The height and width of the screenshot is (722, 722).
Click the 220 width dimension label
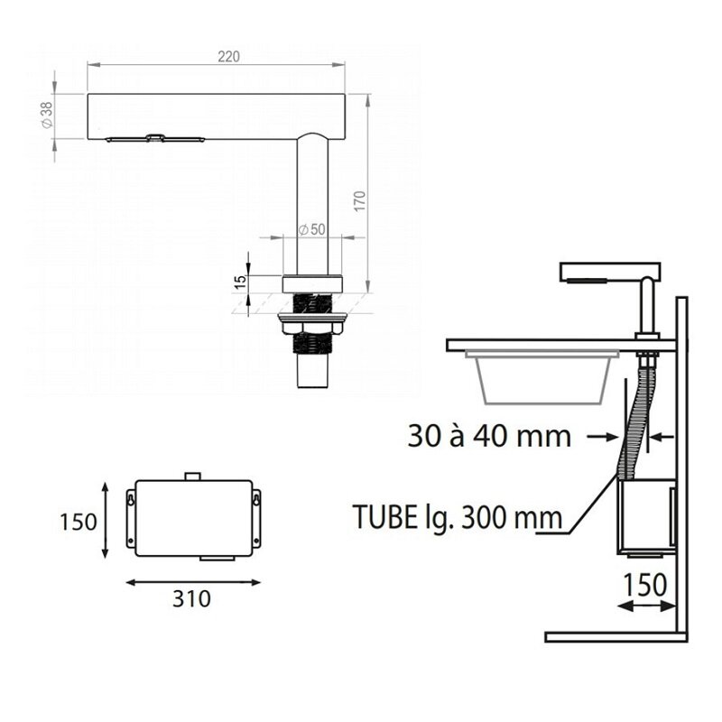tap(229, 57)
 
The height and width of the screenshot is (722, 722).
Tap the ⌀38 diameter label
tap(47, 116)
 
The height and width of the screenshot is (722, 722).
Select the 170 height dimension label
tap(360, 201)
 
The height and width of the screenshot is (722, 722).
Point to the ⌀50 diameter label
tap(311, 229)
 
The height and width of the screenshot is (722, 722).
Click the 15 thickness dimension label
tap(240, 282)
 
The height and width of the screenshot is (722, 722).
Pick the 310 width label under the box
tap(191, 598)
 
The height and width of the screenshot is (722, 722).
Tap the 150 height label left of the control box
tap(79, 522)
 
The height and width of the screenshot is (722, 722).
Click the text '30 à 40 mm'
tap(489, 436)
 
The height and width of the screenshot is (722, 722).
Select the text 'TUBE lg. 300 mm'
tap(458, 517)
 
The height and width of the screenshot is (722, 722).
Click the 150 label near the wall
tap(644, 585)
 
